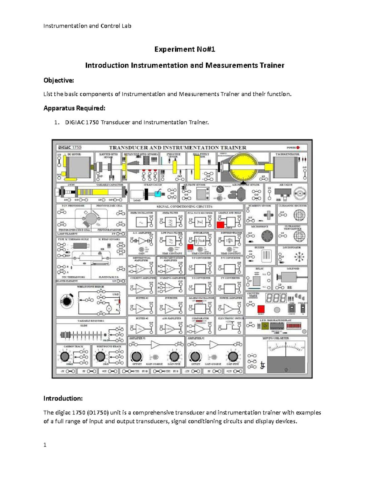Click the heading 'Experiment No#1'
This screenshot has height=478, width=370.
(x=185, y=49)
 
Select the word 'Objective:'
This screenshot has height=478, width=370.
(x=59, y=80)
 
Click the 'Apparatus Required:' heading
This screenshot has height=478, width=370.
(x=74, y=108)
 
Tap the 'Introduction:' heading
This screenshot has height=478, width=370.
(x=63, y=398)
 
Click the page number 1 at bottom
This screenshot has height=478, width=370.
(x=45, y=444)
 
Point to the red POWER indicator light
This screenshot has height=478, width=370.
(x=298, y=147)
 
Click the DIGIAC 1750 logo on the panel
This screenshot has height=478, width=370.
(x=68, y=147)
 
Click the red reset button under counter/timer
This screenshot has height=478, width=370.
(x=261, y=309)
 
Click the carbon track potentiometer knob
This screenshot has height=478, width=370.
(x=65, y=356)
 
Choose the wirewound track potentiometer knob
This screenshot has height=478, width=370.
(x=100, y=356)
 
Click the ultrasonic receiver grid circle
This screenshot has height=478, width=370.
(x=299, y=215)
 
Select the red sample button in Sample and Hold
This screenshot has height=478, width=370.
(x=220, y=225)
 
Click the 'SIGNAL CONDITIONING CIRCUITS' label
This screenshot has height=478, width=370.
(x=184, y=206)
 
